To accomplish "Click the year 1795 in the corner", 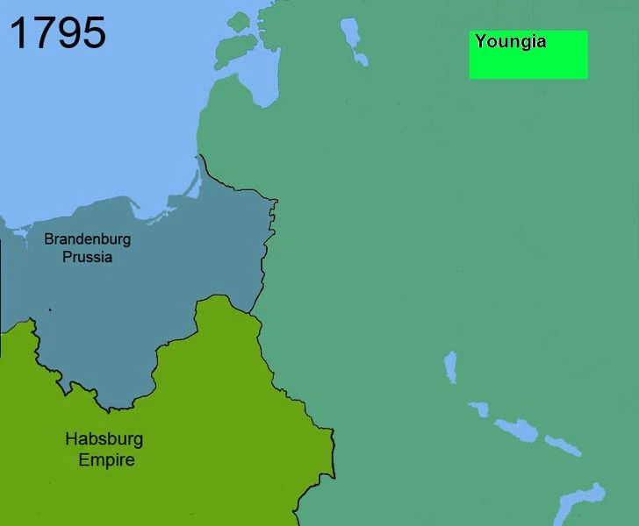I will [x=58, y=32].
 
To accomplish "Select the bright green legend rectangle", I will [x=528, y=61].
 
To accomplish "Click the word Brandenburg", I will [x=87, y=238].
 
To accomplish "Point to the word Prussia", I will [x=88, y=258].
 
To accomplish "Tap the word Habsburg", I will [x=104, y=439].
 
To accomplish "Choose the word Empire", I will [x=106, y=459].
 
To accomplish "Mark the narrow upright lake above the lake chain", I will [x=450, y=367].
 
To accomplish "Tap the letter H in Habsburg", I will [x=71, y=439].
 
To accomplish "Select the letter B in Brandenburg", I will [x=49, y=238].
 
